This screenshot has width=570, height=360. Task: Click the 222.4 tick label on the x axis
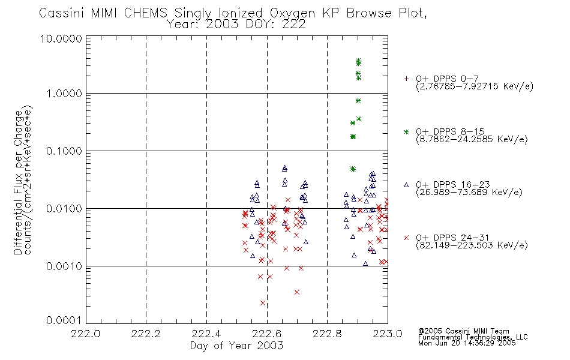pos(206,334)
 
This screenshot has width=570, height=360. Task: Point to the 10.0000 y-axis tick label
pos(61,38)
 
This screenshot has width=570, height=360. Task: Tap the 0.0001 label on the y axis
pos(64,320)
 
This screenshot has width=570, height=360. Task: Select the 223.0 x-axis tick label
pos(388,334)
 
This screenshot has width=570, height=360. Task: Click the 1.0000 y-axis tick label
pos(64,94)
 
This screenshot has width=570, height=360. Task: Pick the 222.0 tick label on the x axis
pos(86,334)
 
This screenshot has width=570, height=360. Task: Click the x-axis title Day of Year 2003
pos(236,346)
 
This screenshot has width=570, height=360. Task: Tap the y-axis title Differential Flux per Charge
pos(18,182)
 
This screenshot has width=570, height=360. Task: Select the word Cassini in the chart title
pos(61,13)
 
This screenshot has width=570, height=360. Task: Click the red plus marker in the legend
pos(406,79)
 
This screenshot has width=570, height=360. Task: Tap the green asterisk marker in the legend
pos(406,131)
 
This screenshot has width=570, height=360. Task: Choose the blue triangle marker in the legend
pos(406,185)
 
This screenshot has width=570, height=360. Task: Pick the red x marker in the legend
pos(406,238)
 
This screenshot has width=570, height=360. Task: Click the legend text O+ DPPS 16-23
pos(453,184)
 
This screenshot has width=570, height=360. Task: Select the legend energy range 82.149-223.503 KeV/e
pos(472,245)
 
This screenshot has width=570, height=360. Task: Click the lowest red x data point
pos(263,303)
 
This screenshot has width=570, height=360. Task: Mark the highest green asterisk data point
pos(358,61)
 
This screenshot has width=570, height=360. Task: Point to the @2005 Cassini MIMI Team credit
pos(464,331)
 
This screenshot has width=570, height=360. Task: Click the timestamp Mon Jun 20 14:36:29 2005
pos(467,343)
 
